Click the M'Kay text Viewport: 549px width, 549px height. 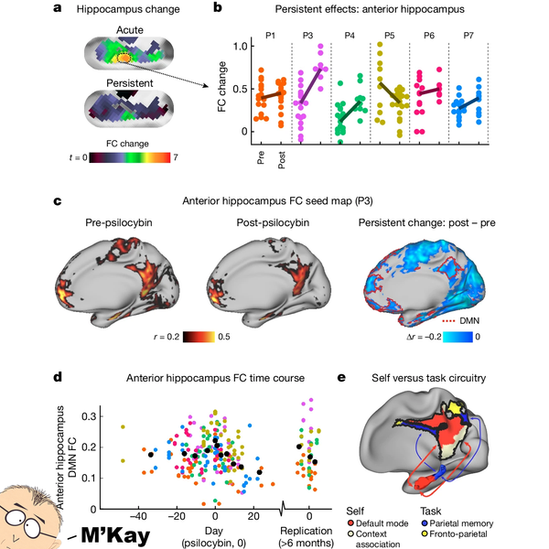[x=110, y=533]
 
